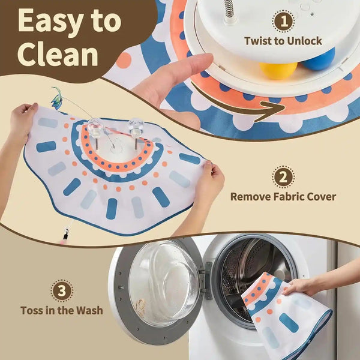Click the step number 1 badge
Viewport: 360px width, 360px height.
(284, 22)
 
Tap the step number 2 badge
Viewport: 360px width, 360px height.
(283, 177)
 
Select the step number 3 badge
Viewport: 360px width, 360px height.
(62, 290)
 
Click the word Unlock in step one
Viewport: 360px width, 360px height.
(304, 41)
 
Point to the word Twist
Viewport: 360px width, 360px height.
(259, 41)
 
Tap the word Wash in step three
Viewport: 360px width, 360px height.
(89, 310)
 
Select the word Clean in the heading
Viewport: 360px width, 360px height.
(58, 55)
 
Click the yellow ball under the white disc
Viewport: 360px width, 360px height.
(278, 70)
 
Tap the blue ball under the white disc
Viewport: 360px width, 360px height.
(319, 59)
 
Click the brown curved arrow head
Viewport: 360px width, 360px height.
(272, 110)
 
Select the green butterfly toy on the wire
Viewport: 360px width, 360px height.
(56, 98)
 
